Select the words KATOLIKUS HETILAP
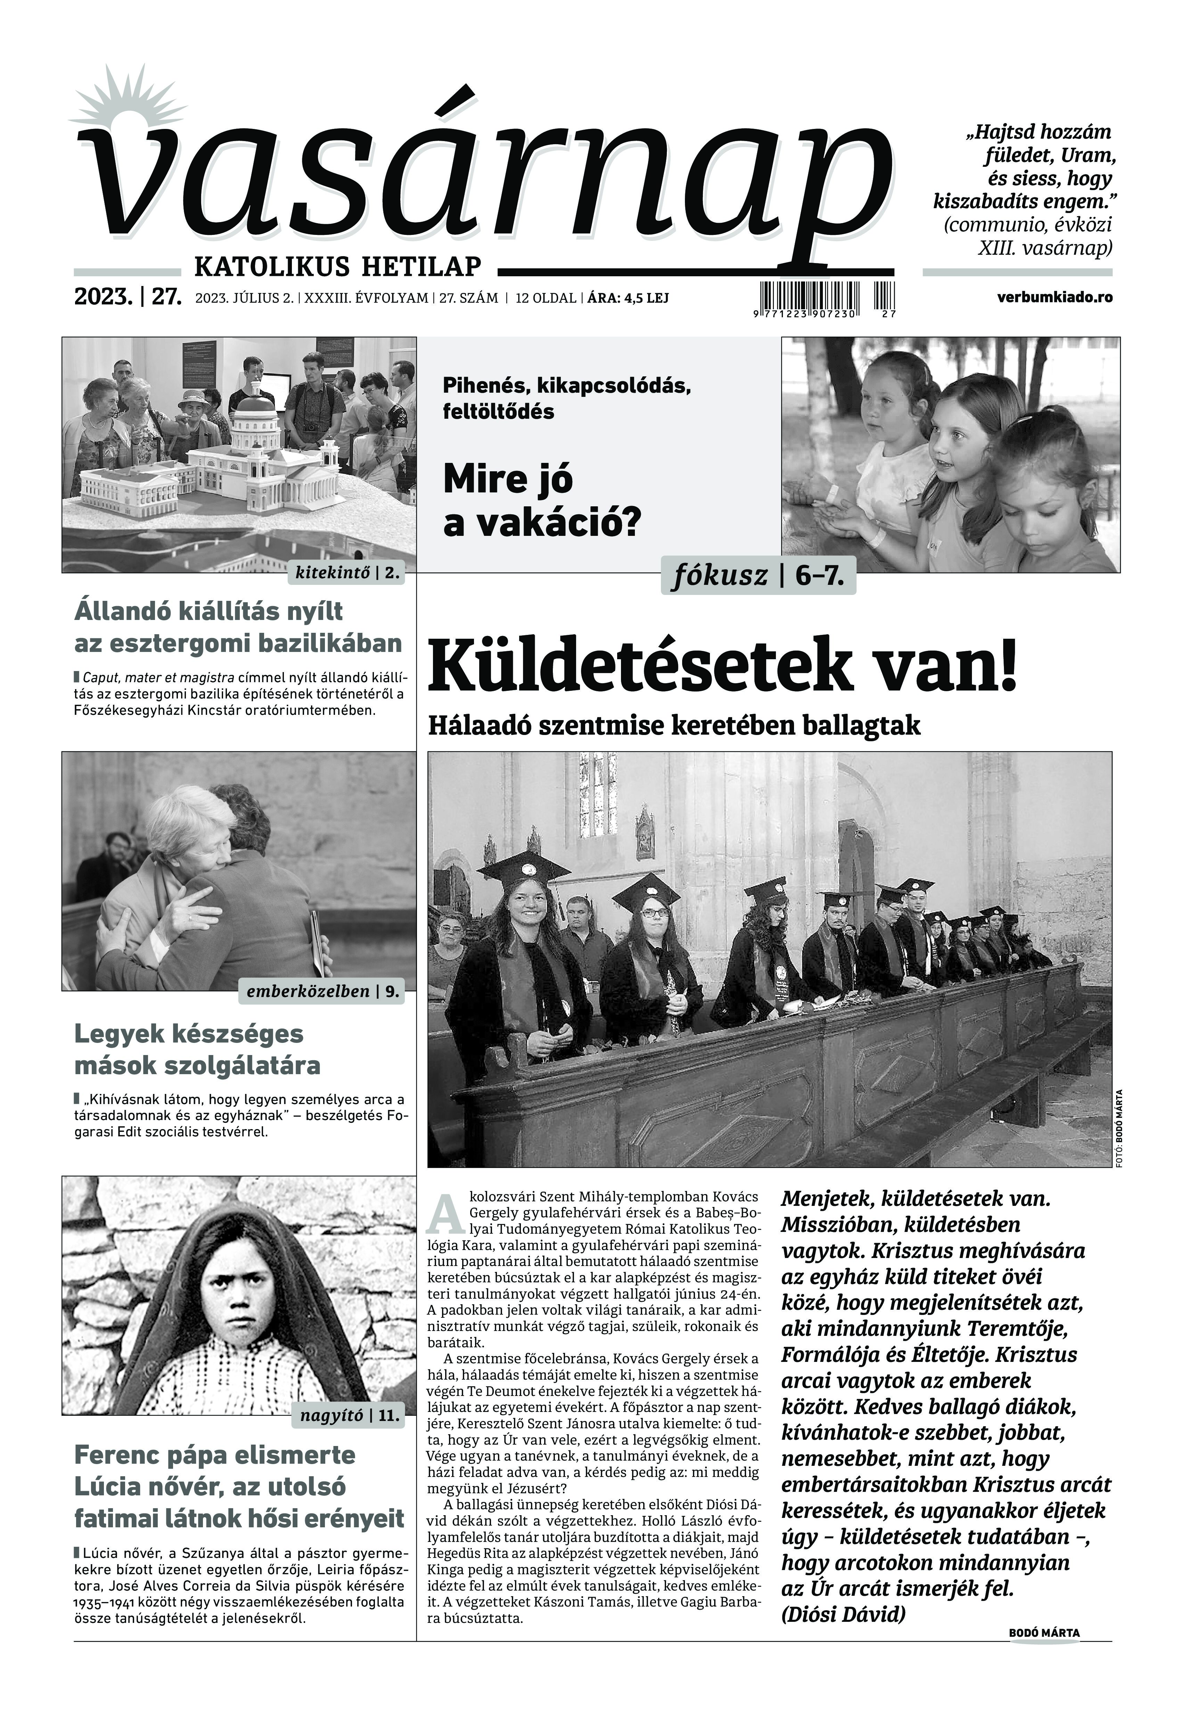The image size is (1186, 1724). pyautogui.click(x=337, y=266)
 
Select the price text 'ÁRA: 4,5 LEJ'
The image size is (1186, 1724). pyautogui.click(x=628, y=298)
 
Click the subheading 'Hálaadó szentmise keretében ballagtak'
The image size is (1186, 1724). pyautogui.click(x=674, y=726)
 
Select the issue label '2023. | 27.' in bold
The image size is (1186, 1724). pyautogui.click(x=128, y=297)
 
